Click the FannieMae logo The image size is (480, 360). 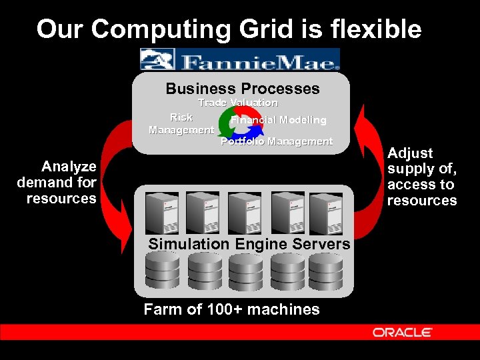pyautogui.click(x=240, y=59)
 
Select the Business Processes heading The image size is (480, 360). pyautogui.click(x=243, y=89)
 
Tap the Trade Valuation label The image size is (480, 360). pyautogui.click(x=238, y=103)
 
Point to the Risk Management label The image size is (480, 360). pyautogui.click(x=181, y=124)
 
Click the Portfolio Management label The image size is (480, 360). pyautogui.click(x=277, y=141)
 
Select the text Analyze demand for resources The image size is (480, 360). pyautogui.click(x=59, y=182)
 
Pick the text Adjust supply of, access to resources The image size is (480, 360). pyautogui.click(x=422, y=177)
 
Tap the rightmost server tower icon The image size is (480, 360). pyautogui.click(x=327, y=212)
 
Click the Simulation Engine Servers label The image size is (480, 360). pyautogui.click(x=249, y=244)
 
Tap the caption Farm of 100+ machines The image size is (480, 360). pyautogui.click(x=231, y=309)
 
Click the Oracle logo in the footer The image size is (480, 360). pyautogui.click(x=402, y=332)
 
